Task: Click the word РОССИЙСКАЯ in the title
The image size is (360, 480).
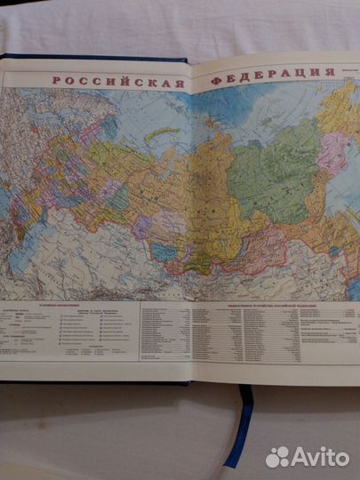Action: point(116,80)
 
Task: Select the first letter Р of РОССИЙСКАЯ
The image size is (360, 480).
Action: point(56,80)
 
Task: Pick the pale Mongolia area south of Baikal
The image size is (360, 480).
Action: point(222,267)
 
